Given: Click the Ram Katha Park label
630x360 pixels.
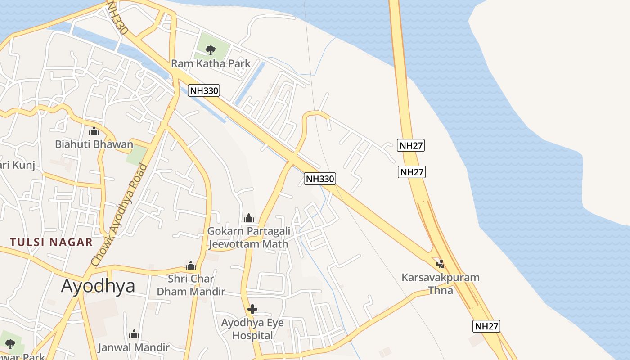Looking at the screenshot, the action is tap(211, 63).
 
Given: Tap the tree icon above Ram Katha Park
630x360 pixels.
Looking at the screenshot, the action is tap(210, 50).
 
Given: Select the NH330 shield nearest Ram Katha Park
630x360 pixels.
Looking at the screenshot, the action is tap(204, 90).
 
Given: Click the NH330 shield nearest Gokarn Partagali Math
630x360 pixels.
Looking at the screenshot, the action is tap(320, 179).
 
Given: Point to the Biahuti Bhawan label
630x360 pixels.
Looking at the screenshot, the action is tap(94, 144).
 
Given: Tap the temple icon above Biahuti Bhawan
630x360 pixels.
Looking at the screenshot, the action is tap(94, 131).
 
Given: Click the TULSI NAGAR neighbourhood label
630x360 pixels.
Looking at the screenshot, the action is tap(51, 242).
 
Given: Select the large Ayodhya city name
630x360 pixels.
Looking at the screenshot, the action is tap(98, 285).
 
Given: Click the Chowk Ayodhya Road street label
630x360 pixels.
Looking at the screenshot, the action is tap(119, 215).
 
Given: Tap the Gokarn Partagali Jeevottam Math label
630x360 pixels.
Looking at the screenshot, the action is tap(248, 238).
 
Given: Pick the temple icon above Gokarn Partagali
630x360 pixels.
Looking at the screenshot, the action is tap(249, 218).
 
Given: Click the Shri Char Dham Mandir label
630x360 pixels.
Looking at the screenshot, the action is tap(191, 285).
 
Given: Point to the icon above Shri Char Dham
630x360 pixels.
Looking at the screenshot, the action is tap(191, 265).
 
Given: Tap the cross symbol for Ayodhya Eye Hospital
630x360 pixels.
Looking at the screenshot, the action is tap(252, 309).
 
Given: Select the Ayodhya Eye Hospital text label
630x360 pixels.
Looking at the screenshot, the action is tap(252, 329).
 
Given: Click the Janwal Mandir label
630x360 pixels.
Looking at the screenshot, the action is tap(134, 347).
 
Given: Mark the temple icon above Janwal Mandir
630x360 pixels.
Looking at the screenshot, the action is tap(134, 334).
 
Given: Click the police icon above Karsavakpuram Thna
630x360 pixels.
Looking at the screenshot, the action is tap(441, 264).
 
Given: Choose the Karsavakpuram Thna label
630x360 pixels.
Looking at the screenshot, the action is tap(441, 283).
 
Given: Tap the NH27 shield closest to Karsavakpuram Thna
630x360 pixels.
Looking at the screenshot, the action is tap(486, 326).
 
